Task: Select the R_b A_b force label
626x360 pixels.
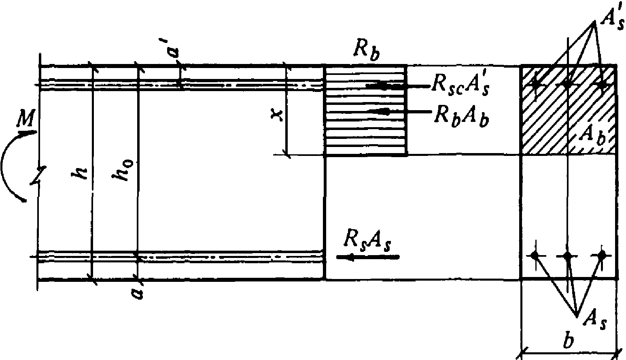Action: click(460, 116)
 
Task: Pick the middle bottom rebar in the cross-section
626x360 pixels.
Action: click(568, 256)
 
